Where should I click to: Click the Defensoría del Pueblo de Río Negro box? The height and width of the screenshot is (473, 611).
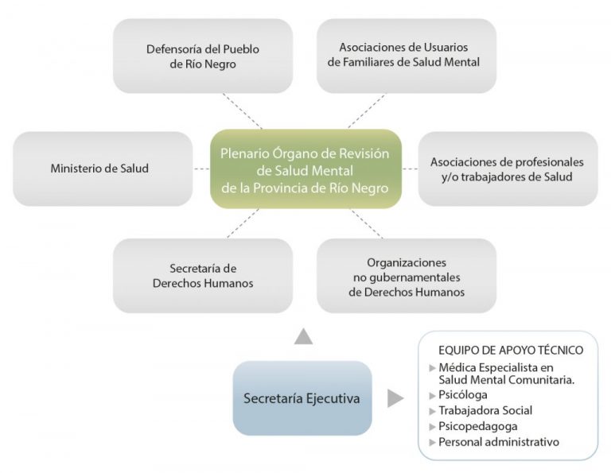203,56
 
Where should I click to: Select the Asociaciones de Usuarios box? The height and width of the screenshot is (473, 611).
407,56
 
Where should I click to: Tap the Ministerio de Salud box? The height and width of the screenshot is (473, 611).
103,169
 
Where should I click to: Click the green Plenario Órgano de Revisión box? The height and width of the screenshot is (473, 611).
305,169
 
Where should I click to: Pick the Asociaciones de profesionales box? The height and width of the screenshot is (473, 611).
508,169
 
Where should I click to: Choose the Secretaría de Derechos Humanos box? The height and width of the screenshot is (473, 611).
203,276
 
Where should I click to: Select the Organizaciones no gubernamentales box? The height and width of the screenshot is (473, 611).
407,276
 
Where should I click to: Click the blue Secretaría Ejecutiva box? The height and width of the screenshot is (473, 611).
302,397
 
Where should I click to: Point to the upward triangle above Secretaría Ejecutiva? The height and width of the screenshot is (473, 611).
304,337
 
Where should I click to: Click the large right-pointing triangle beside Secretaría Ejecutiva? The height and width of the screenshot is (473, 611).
395,398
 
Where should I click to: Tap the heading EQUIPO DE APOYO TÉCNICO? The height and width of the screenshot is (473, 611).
511,350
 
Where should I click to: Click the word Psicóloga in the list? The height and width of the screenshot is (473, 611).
463,395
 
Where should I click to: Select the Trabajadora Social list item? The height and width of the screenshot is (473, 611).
485,410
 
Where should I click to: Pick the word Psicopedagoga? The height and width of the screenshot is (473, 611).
478,426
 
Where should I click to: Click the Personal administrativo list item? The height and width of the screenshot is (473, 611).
499,442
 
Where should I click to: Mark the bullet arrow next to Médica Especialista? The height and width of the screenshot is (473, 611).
432,368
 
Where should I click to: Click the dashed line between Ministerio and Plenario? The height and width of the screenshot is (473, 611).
201,169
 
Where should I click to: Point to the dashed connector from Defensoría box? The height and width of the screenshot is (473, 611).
243,111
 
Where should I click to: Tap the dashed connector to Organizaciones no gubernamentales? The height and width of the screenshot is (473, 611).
367,224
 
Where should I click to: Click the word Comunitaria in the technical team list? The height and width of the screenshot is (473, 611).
542,379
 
